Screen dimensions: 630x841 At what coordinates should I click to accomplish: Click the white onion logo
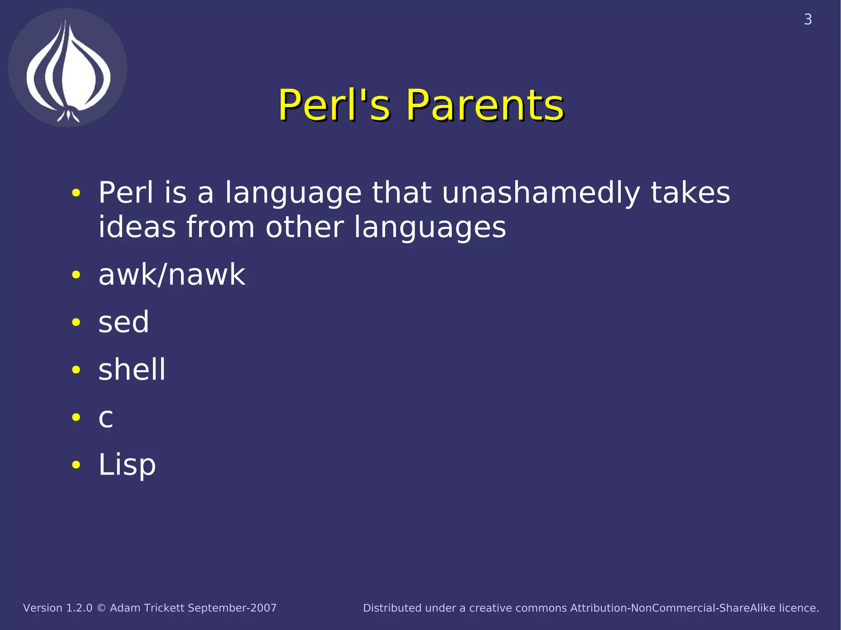[x=68, y=68]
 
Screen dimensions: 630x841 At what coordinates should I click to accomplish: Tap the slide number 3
[x=807, y=20]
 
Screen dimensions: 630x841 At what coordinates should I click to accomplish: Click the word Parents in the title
[x=485, y=105]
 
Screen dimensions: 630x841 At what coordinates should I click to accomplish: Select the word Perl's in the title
[x=334, y=105]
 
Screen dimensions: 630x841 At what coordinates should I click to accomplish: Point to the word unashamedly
[x=541, y=193]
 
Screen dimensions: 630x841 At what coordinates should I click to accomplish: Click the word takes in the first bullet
[x=690, y=192]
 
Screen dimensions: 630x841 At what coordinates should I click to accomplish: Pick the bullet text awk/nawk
[x=172, y=275]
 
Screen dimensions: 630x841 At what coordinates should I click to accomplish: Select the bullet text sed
[x=124, y=322]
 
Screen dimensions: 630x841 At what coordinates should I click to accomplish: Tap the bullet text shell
[x=132, y=369]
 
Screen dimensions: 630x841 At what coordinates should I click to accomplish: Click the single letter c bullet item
[x=106, y=418]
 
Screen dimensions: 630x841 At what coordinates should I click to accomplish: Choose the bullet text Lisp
[x=127, y=465]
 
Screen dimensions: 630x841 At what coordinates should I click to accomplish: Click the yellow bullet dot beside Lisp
[x=76, y=465]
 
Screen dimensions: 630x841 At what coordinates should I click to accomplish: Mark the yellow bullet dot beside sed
[x=76, y=323]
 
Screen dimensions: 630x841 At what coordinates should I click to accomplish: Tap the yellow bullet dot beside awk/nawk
[x=76, y=275]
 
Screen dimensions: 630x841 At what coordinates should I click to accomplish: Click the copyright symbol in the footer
[x=101, y=608]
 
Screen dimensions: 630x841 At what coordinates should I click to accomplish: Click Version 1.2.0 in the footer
[x=58, y=608]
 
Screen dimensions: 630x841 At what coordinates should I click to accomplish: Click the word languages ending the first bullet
[x=430, y=228]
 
